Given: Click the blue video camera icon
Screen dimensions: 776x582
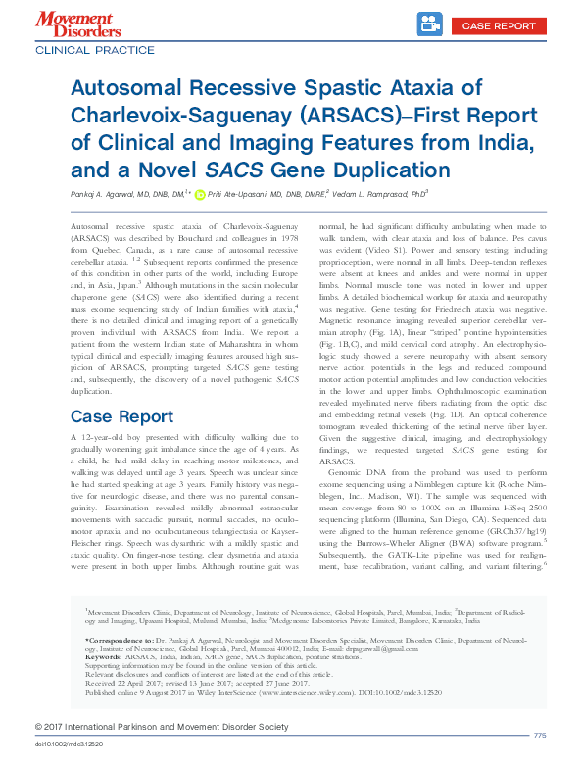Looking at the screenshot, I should coord(428,23).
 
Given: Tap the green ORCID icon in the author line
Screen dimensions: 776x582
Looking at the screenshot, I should coord(201,194).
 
